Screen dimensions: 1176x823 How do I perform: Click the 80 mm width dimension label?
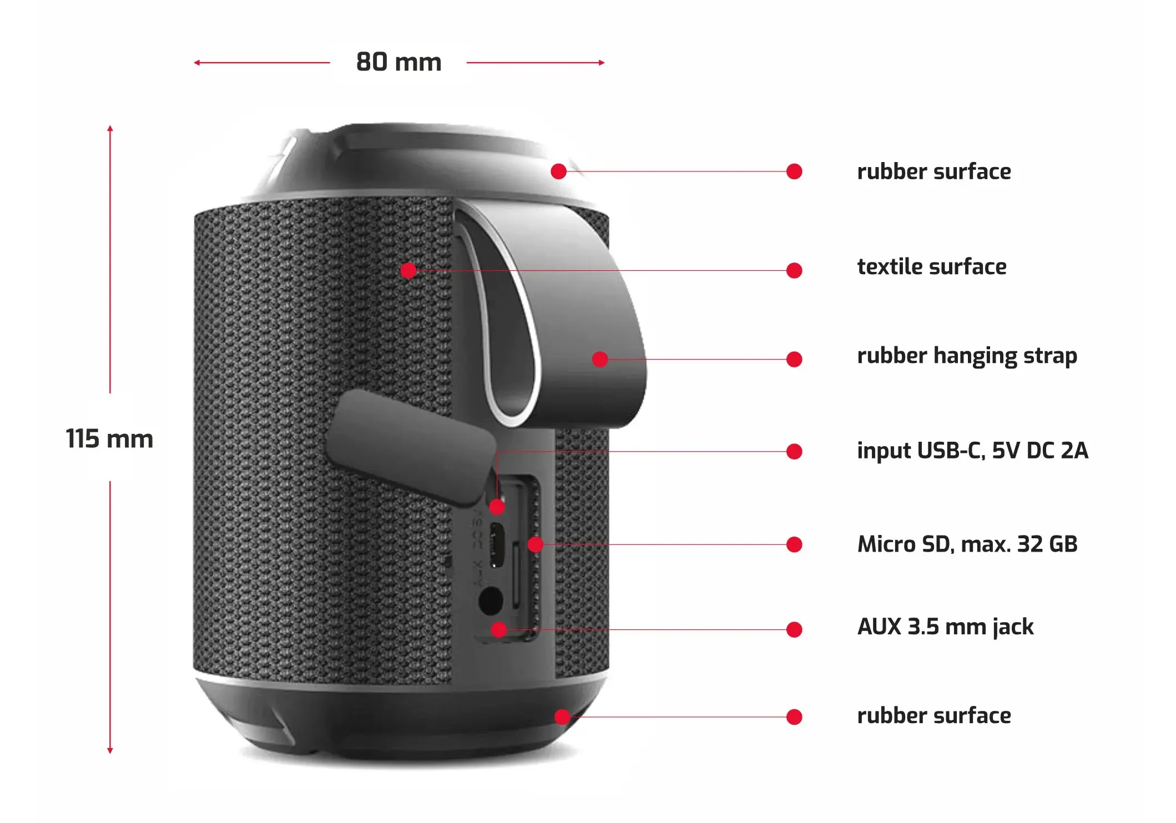[x=398, y=62]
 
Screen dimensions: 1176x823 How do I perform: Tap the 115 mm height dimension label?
[x=109, y=438]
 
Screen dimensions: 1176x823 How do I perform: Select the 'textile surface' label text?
[x=931, y=267]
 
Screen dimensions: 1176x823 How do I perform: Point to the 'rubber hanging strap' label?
[x=967, y=356]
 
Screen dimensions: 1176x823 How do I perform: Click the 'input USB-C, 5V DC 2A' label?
[x=972, y=451]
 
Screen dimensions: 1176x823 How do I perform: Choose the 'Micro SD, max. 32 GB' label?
[x=967, y=544]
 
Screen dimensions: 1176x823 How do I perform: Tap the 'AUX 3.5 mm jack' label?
[x=945, y=627]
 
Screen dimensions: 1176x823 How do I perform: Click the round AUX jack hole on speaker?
[x=491, y=600]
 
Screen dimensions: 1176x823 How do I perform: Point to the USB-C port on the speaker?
[x=497, y=544]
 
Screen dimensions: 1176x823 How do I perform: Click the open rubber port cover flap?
[x=410, y=447]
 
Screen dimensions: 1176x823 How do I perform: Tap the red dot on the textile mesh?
[x=408, y=270]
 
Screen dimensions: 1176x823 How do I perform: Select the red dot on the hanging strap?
[x=600, y=359]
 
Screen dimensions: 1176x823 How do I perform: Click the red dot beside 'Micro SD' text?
[x=794, y=544]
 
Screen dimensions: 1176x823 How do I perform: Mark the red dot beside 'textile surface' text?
[x=794, y=270]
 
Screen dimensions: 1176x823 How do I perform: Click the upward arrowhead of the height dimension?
[x=110, y=129]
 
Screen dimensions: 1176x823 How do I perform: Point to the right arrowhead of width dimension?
[x=602, y=63]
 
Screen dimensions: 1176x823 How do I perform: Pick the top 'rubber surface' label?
[x=933, y=171]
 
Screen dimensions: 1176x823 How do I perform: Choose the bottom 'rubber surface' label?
[x=933, y=716]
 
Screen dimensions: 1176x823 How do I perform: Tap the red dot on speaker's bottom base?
[x=562, y=716]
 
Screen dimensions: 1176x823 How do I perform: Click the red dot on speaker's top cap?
[x=559, y=171]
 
